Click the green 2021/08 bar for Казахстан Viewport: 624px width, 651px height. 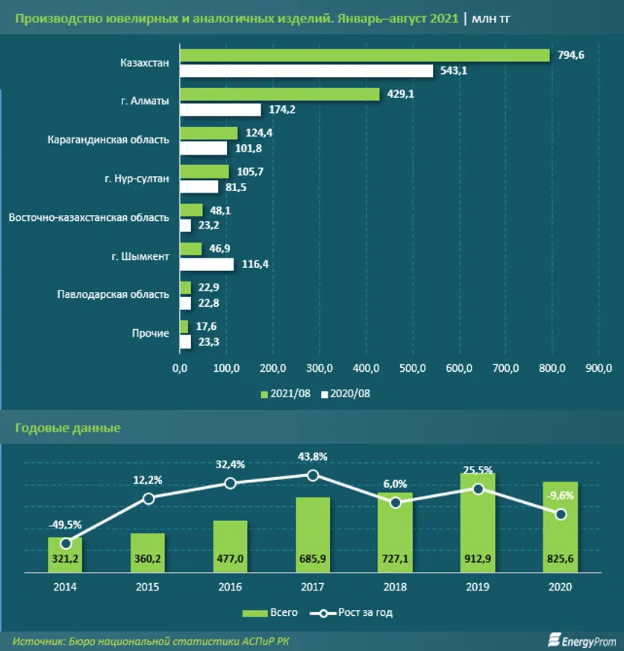[x=365, y=55]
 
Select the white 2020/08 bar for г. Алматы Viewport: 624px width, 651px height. [x=220, y=110]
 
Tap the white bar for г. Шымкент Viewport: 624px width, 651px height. [x=207, y=264]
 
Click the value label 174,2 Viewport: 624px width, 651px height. [x=282, y=110]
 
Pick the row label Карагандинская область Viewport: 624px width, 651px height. [x=107, y=139]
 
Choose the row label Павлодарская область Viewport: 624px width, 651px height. [x=113, y=294]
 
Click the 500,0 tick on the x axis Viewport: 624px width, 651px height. [x=413, y=367]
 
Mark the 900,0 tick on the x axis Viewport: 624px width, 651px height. [x=599, y=367]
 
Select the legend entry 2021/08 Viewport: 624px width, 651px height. [x=286, y=393]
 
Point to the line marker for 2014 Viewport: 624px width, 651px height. [x=66, y=543]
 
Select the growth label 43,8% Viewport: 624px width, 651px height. [x=313, y=457]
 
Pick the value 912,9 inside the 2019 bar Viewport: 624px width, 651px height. [x=478, y=558]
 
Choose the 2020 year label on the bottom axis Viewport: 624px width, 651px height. [x=561, y=587]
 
